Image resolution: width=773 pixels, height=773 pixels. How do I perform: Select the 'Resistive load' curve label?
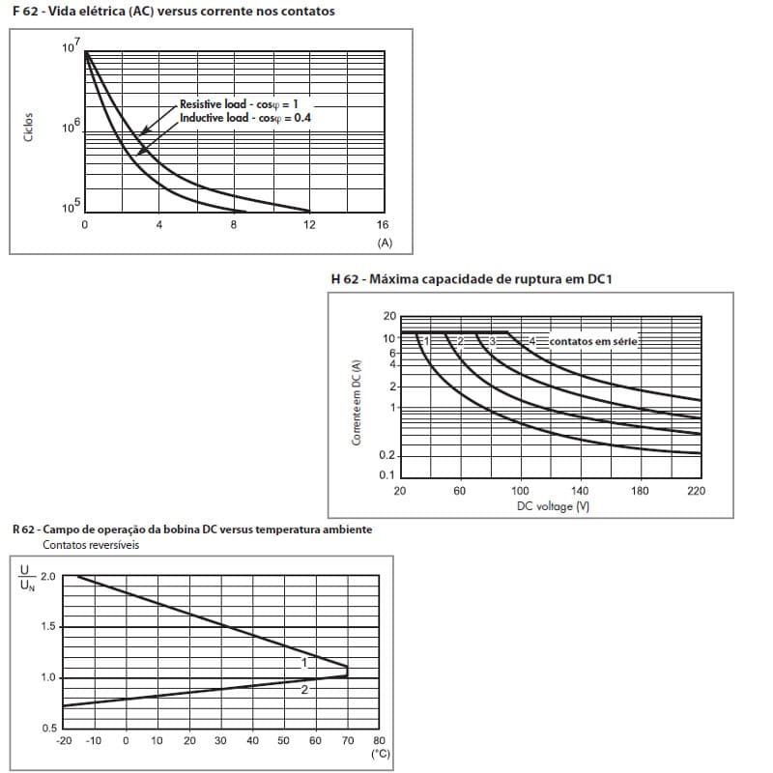(x=227, y=103)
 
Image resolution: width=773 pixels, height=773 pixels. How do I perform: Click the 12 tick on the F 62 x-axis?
(x=308, y=224)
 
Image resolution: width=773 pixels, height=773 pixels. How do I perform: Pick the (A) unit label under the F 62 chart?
(x=385, y=242)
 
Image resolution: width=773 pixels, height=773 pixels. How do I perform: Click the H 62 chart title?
(x=472, y=279)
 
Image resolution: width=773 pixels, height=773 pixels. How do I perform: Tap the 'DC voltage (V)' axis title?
(x=553, y=506)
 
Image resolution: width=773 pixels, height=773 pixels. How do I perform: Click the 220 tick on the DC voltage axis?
(x=696, y=491)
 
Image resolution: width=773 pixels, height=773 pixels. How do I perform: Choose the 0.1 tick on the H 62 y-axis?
(x=387, y=475)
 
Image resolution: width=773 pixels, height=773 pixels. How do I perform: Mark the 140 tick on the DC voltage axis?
(x=581, y=491)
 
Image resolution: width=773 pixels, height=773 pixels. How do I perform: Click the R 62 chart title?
(x=191, y=530)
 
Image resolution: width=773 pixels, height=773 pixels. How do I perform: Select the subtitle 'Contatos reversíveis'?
(x=91, y=544)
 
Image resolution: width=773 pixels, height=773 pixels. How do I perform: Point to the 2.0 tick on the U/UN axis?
(x=47, y=577)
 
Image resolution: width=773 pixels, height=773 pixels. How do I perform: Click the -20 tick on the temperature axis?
(x=64, y=740)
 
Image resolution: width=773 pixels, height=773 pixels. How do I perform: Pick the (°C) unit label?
(x=380, y=754)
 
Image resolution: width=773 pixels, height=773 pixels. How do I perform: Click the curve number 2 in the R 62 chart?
(x=303, y=689)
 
